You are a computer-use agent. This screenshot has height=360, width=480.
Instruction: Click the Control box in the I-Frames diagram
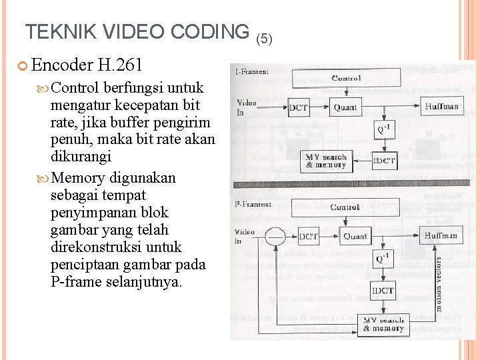(x=346, y=78)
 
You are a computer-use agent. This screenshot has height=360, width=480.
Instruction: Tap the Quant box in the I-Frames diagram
(x=345, y=107)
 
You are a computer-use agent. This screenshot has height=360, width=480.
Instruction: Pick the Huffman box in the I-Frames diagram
(x=441, y=106)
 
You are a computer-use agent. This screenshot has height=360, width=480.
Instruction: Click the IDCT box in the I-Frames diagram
(x=384, y=161)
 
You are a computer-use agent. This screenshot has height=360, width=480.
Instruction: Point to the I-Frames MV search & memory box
(x=327, y=161)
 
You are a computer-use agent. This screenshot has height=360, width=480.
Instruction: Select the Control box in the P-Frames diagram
(x=345, y=207)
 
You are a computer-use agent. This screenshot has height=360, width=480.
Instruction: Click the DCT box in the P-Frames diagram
(x=309, y=235)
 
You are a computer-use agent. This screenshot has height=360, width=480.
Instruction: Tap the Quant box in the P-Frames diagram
(x=355, y=235)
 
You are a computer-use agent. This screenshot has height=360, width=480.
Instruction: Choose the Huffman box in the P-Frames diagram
(x=441, y=235)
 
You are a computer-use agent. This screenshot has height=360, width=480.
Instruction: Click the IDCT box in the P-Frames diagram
(x=383, y=290)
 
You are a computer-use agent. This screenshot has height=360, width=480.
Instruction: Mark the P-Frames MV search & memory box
(x=383, y=324)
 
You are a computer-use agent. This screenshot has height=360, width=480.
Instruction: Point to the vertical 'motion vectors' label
(x=439, y=282)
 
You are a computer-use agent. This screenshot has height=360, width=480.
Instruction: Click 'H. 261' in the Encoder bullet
(x=120, y=65)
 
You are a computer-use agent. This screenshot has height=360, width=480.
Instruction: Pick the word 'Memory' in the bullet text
(x=77, y=178)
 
